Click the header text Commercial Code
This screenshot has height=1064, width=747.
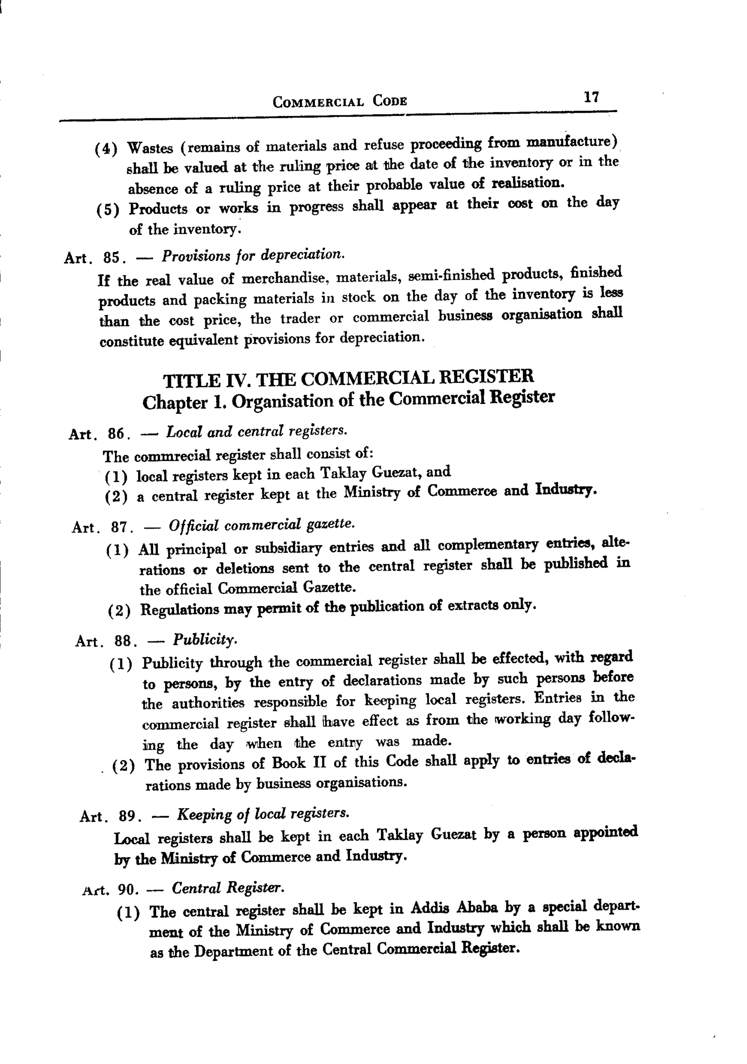(x=340, y=101)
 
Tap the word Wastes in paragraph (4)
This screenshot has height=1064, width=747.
(x=150, y=148)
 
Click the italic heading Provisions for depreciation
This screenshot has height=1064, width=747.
(x=253, y=255)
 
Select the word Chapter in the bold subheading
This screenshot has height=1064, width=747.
(x=175, y=403)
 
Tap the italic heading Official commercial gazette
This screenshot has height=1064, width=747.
(x=262, y=525)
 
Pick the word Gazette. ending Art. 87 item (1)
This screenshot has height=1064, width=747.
(x=329, y=588)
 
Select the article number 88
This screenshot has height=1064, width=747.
(x=122, y=641)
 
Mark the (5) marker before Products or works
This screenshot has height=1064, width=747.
(x=108, y=210)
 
